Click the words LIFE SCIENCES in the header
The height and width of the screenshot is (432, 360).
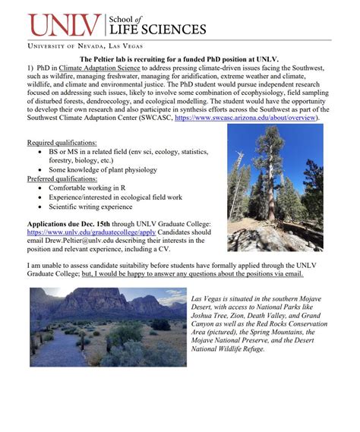coord(156,30)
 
